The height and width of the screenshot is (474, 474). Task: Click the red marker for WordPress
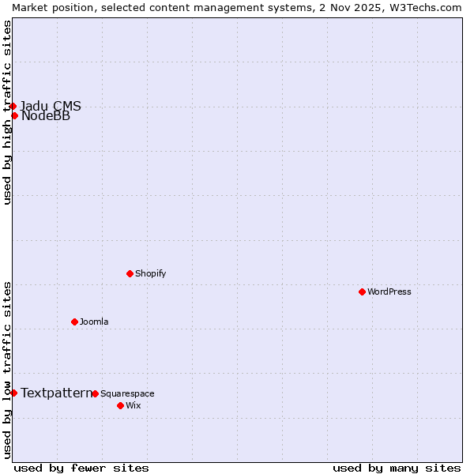[363, 292]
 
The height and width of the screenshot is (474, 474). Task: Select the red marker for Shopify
[130, 273]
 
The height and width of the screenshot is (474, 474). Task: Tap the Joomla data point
[75, 322]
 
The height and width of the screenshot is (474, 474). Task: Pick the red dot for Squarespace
[96, 393]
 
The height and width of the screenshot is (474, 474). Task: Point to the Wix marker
[121, 405]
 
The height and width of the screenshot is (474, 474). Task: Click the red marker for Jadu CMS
[13, 106]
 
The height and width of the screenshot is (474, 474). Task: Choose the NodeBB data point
[15, 116]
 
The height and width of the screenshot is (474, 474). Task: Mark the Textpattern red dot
[14, 393]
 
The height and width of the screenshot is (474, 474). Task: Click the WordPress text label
[389, 292]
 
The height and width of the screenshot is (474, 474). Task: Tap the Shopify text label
[151, 273]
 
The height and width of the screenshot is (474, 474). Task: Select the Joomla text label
[94, 322]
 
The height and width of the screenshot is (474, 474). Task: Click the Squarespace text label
[127, 393]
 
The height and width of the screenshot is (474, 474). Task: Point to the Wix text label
[133, 405]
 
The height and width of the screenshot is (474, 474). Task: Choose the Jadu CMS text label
[51, 107]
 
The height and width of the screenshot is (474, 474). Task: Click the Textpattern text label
[56, 393]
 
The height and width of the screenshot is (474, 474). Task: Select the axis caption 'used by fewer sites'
[81, 468]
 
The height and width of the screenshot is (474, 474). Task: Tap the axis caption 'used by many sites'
[397, 468]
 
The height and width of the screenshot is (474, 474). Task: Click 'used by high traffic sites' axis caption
[7, 113]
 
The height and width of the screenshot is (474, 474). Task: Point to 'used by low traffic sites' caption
[7, 370]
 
